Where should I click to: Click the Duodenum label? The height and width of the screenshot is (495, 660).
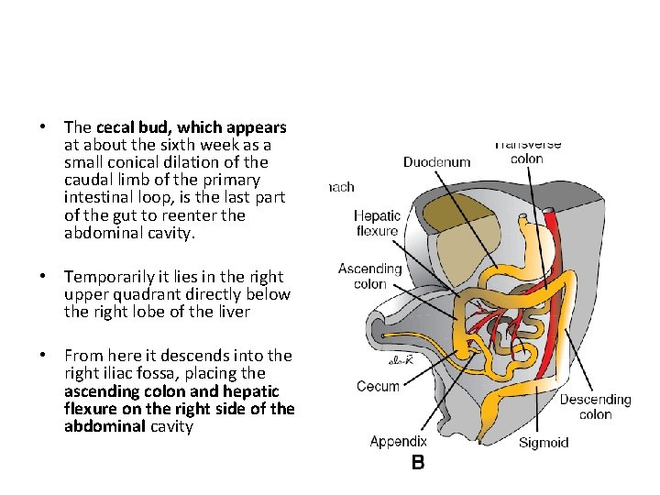click(436, 162)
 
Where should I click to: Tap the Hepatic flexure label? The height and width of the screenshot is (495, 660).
click(377, 223)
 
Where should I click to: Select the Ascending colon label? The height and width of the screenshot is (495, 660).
click(369, 276)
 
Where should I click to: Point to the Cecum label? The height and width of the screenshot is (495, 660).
click(378, 386)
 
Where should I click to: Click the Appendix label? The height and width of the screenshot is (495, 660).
click(398, 442)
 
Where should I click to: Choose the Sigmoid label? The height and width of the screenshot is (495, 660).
click(544, 443)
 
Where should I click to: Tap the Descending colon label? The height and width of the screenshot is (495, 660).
click(595, 407)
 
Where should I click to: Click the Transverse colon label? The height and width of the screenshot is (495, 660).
click(527, 151)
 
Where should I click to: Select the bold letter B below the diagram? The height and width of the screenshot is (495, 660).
click(417, 463)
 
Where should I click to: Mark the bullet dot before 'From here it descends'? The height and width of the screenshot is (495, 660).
click(43, 357)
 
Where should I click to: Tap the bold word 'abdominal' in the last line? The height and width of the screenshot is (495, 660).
click(105, 426)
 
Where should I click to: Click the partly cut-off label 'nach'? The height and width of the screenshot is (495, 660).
click(342, 187)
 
